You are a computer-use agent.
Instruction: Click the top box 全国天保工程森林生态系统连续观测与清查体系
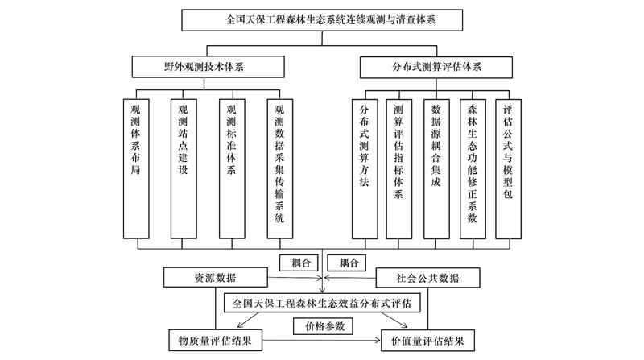pos(322,20)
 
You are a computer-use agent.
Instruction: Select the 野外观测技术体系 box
pos(208,67)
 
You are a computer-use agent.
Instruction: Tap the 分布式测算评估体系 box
pos(436,67)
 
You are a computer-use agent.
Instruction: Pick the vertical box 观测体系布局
pos(136,168)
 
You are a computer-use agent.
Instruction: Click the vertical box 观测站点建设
pos(184,168)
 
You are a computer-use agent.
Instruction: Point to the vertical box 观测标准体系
pos(232,168)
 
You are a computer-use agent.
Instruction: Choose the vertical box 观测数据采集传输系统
pos(280,168)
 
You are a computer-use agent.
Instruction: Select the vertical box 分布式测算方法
pos(365,169)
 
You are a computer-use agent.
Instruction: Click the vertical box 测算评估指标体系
pos(398,169)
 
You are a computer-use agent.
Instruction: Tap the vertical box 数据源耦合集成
pos(436,169)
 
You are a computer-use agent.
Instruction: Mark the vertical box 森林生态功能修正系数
pos(473,169)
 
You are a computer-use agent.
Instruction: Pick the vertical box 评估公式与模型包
pos(509,169)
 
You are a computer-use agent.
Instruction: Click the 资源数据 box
pos(216,277)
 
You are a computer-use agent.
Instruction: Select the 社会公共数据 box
pos(427,278)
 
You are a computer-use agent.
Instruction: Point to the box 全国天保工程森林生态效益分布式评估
pos(322,303)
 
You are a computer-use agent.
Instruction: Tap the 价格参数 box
pos(324,326)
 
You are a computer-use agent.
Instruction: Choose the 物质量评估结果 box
pos(215,341)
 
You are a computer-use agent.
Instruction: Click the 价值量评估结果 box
pos(427,341)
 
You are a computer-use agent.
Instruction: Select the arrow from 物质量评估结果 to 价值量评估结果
pos(321,341)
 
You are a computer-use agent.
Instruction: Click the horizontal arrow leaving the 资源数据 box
pos(295,278)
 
